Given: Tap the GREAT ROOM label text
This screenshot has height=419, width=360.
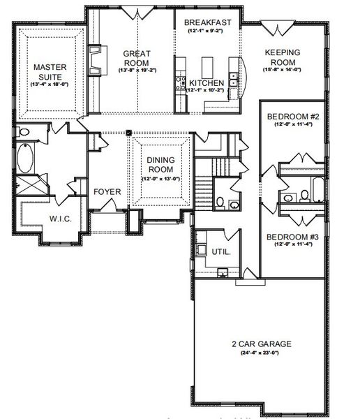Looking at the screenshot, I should pos(137,57).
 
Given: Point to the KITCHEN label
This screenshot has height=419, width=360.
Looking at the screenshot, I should pos(207,83).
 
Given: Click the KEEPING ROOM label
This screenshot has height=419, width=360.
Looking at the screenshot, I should pos(282,56).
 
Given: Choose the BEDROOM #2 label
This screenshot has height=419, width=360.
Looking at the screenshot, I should pos(293,116).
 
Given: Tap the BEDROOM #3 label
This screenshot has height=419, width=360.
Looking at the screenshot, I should pos(293,237).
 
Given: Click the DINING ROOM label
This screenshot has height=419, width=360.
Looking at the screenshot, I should pos(160,164).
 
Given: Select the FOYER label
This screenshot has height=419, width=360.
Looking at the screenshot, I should pos(107,191).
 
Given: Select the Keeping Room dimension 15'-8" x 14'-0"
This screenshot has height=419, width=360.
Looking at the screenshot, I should pos(282,69).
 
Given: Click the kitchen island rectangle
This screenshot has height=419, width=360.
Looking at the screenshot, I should pos(206,68).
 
